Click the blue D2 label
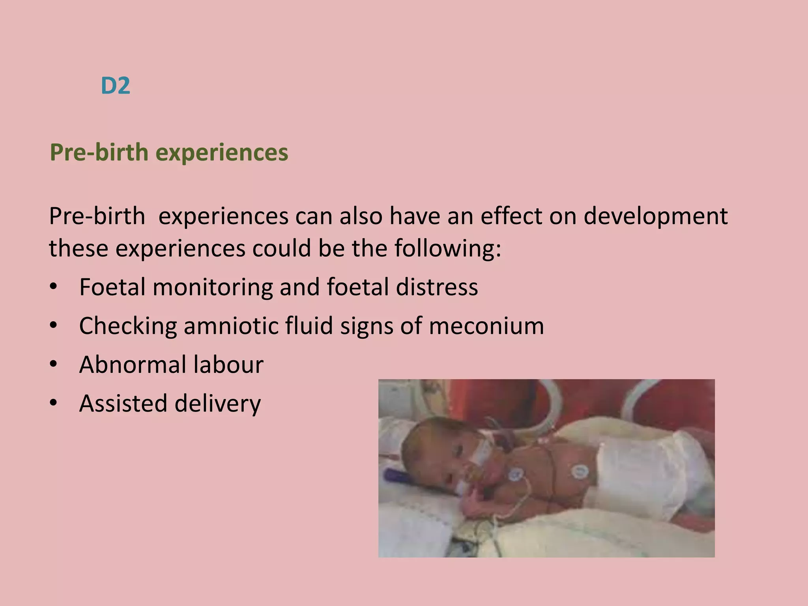(115, 86)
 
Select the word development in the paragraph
(655, 217)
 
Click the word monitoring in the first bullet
(213, 287)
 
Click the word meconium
(486, 326)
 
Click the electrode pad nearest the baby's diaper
(579, 471)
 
